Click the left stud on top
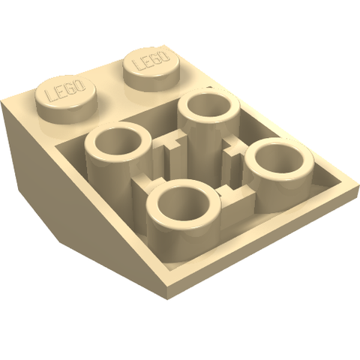[66, 100]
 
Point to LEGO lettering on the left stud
[66, 91]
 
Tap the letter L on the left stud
[49, 97]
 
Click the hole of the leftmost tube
[118, 144]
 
